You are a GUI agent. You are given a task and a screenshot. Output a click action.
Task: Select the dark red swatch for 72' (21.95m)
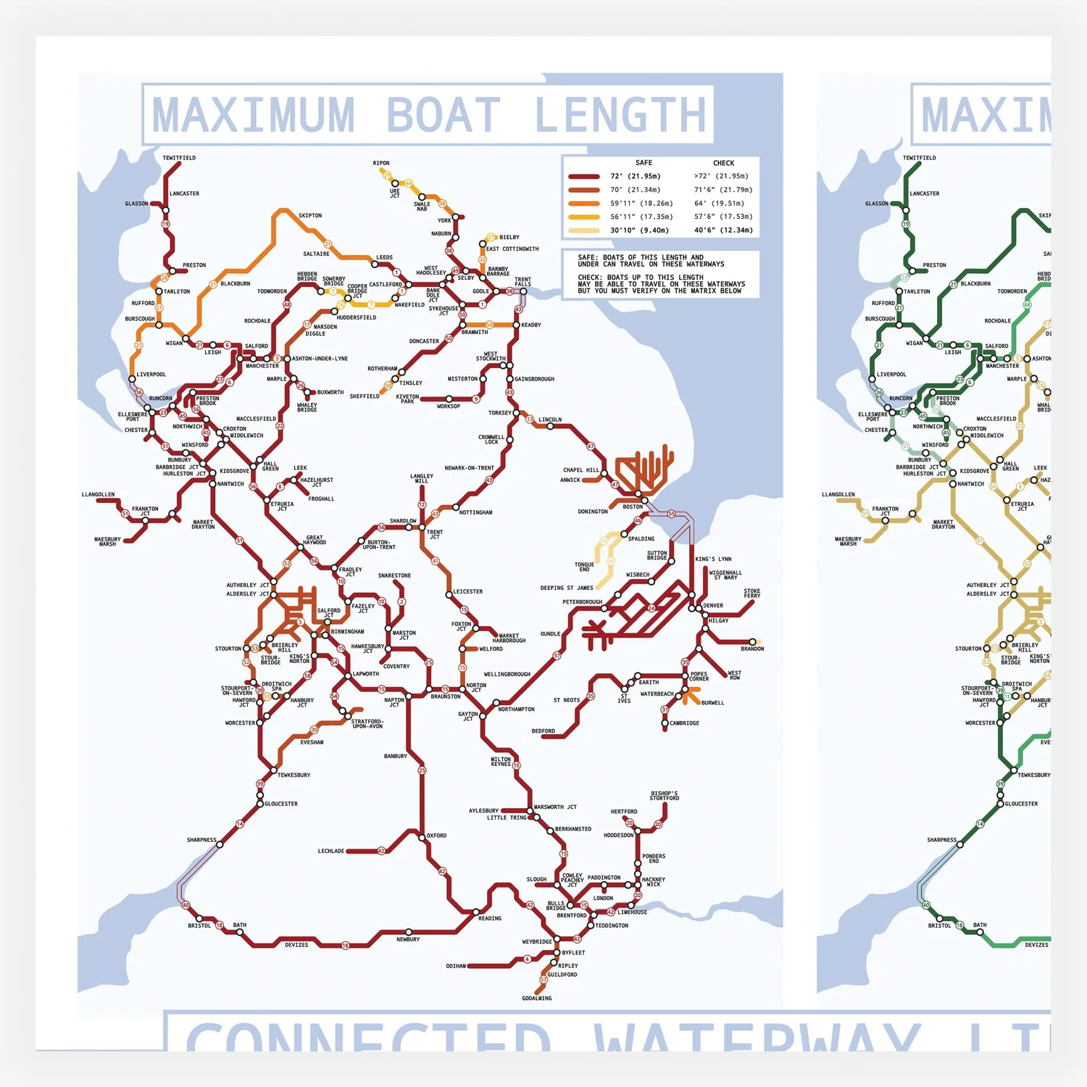tap(584, 176)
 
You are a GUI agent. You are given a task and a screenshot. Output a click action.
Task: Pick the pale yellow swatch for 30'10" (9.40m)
tap(584, 230)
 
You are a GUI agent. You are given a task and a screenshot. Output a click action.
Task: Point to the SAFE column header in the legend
tap(644, 163)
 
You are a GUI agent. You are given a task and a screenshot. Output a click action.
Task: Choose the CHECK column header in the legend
tap(723, 163)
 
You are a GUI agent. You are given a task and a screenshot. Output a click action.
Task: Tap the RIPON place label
tap(381, 163)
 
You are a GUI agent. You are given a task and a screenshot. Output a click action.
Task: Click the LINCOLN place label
tap(550, 420)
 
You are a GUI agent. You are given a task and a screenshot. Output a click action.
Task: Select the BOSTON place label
tap(633, 507)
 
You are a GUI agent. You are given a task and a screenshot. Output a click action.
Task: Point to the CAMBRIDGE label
tap(684, 723)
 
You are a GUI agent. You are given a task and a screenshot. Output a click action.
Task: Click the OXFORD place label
tap(436, 836)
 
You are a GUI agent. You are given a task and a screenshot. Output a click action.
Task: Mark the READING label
tap(490, 918)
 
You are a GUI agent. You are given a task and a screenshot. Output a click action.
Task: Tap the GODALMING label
tap(537, 998)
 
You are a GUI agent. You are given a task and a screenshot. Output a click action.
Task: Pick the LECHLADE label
tap(331, 851)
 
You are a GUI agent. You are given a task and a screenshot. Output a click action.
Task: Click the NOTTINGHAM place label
tap(476, 512)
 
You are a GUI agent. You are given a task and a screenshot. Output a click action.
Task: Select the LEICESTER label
tap(468, 591)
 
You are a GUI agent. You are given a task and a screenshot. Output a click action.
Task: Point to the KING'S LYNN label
tap(713, 559)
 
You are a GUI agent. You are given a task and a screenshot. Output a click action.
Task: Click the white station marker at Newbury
tap(409, 932)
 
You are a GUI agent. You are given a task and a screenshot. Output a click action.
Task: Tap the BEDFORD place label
tap(543, 731)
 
